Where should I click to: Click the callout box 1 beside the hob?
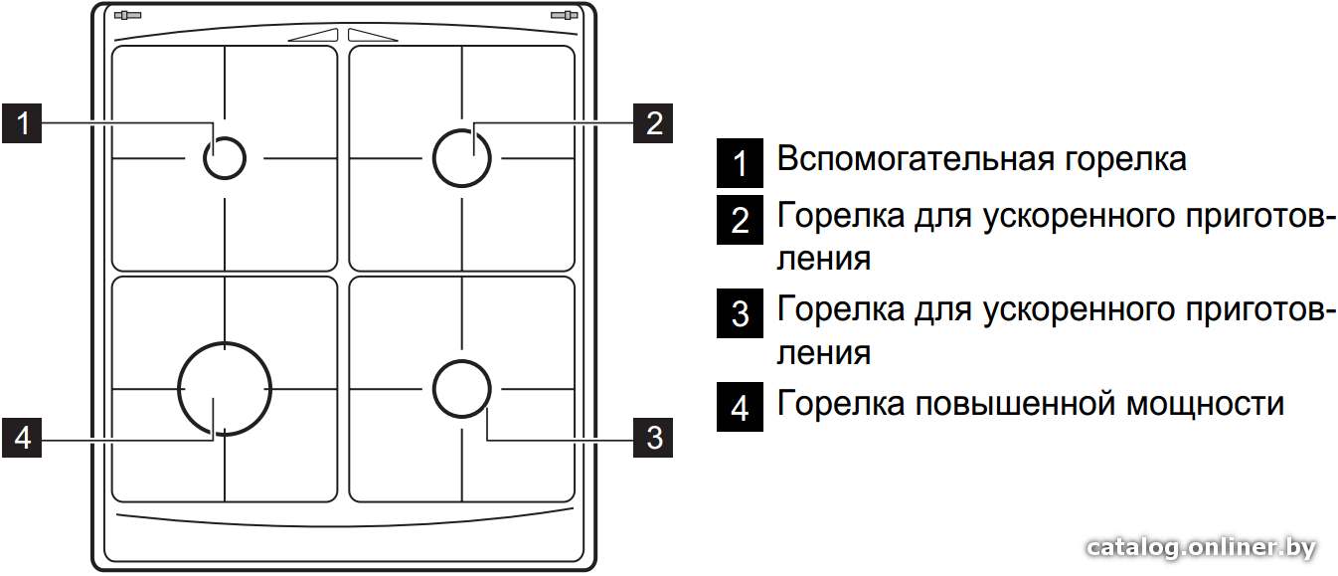pos(22,123)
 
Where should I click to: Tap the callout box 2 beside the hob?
pos(653,123)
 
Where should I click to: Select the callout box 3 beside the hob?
pos(653,438)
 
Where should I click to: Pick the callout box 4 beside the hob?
pos(22,438)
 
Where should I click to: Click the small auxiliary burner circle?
pos(204,158)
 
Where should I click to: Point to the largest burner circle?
pos(179,389)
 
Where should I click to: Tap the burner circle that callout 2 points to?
pos(433,158)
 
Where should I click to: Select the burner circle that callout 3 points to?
pos(433,389)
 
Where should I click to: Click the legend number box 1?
pos(740,162)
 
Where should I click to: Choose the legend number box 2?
pos(740,219)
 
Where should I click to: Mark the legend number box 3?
pos(740,313)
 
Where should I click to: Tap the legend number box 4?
pos(740,407)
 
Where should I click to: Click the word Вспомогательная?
pos(916,159)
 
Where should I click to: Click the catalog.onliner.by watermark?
pos(1201,547)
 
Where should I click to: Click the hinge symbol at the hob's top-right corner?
pos(564,15)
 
